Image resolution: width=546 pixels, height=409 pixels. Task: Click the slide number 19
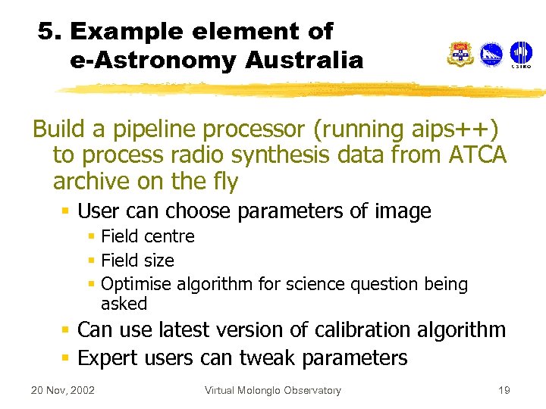click(504, 391)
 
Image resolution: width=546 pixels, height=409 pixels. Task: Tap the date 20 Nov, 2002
click(62, 391)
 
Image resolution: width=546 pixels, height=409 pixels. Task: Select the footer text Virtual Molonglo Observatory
click(273, 391)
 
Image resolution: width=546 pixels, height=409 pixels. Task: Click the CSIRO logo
click(521, 55)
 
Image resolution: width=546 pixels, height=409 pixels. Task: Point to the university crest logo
click(460, 55)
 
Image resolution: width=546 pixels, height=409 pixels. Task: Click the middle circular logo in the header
click(491, 54)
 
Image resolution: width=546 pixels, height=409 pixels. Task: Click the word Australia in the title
click(306, 61)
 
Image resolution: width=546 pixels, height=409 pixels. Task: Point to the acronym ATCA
click(477, 156)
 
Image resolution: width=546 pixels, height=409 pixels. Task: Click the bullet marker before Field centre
click(90, 237)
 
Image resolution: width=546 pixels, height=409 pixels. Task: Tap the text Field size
click(137, 261)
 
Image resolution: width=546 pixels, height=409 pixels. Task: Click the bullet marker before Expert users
click(67, 358)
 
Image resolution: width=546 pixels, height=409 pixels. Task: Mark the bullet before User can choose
click(67, 211)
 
